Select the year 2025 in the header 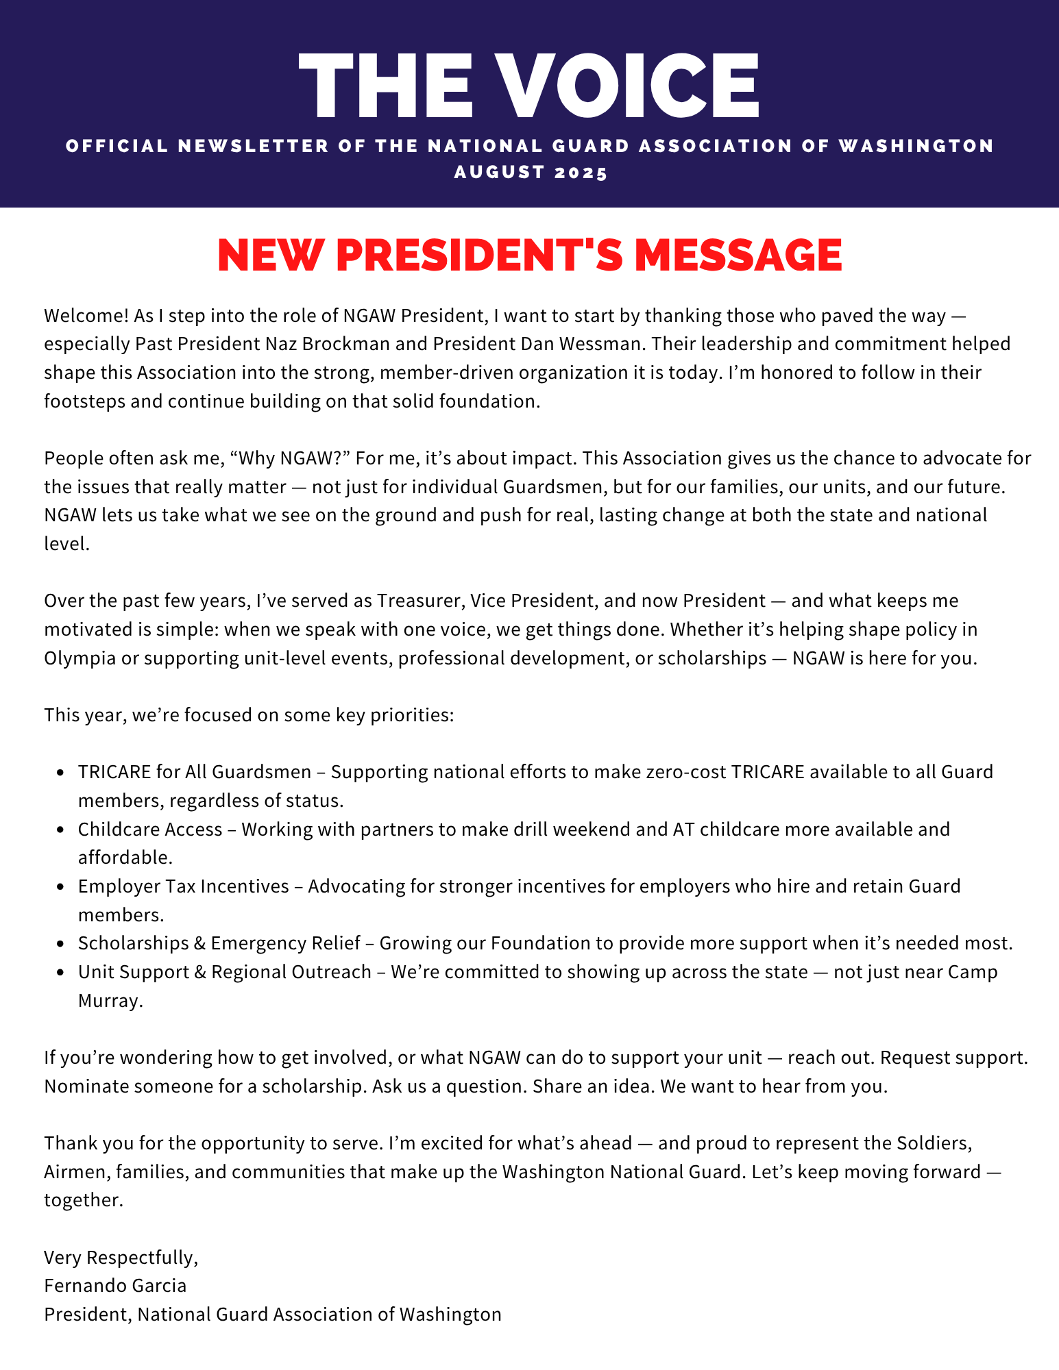click(581, 172)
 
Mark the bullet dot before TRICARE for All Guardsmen click(61, 773)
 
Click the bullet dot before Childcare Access click(61, 830)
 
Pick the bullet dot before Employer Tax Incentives click(61, 887)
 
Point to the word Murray click(110, 1001)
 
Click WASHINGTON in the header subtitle click(916, 146)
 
